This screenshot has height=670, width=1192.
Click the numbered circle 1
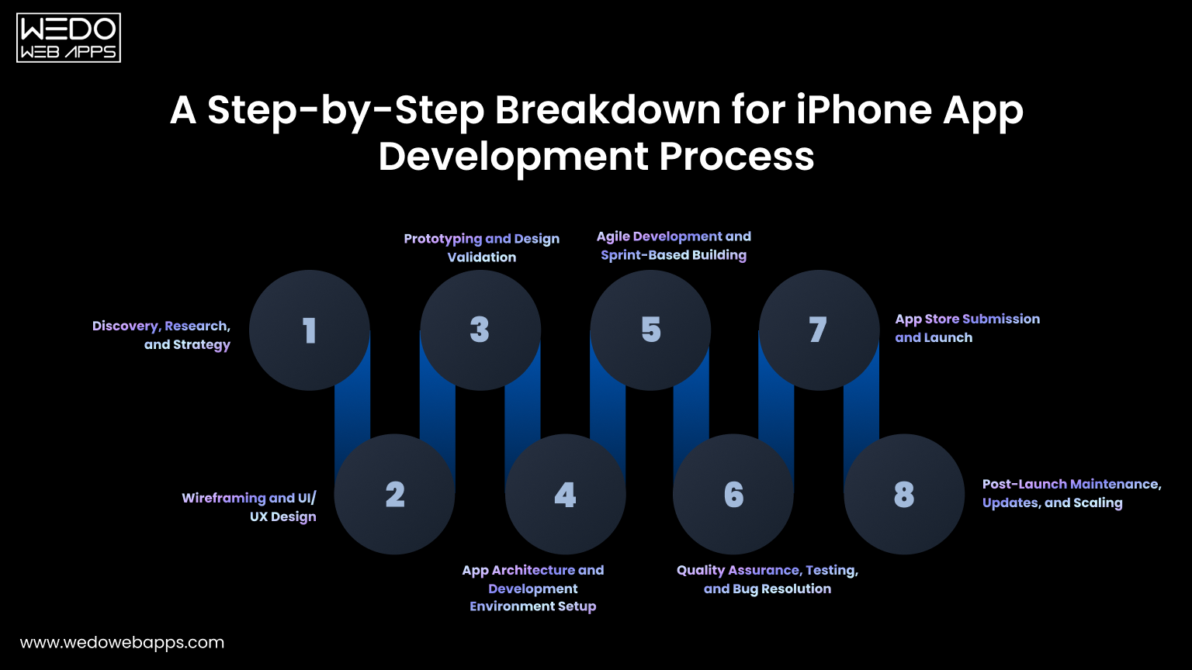(x=309, y=330)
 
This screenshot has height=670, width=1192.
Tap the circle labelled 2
(x=394, y=494)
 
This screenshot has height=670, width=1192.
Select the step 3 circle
(x=480, y=330)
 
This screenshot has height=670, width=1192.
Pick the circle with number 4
(x=565, y=494)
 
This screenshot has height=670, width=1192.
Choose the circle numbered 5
(x=650, y=330)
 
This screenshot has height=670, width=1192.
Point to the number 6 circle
(x=733, y=494)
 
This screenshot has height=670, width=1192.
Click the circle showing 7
(x=819, y=330)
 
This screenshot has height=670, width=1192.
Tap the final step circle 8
(x=904, y=494)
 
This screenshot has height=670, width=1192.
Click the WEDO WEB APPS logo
(x=68, y=38)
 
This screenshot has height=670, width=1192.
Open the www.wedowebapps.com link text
(x=122, y=642)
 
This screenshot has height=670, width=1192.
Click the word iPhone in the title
(x=863, y=110)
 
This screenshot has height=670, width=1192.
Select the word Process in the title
(x=736, y=157)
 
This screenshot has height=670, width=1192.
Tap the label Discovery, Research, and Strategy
(x=161, y=335)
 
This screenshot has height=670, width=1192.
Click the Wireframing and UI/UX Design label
(x=249, y=507)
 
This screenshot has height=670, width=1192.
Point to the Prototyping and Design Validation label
(x=482, y=247)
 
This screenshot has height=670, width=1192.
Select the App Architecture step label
(x=533, y=588)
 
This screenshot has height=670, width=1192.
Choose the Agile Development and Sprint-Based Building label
(x=674, y=245)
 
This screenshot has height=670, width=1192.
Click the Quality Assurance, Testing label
(x=768, y=579)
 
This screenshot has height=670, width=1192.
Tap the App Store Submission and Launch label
(x=967, y=328)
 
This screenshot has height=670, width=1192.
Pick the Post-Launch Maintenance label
(x=1071, y=493)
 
